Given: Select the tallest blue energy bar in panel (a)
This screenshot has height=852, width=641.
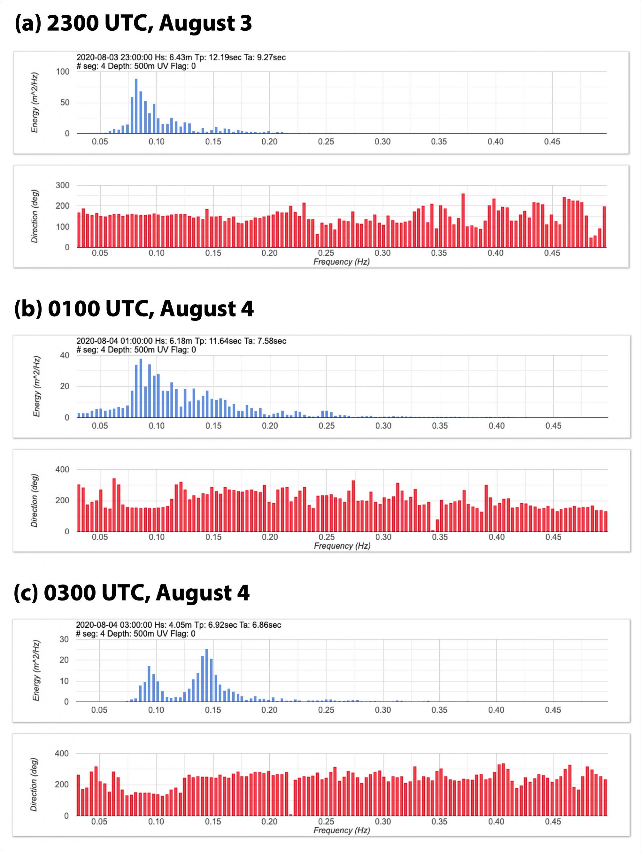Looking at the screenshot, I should [136, 106].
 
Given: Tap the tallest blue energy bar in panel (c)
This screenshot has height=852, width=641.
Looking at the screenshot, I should [207, 676].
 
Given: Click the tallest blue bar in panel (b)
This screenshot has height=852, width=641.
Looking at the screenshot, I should [141, 388].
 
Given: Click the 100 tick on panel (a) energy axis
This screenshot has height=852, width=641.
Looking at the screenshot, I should [62, 72].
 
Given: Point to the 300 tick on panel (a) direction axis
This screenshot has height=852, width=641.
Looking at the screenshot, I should [62, 185].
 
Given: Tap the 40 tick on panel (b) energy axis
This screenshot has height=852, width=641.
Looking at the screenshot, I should [64, 355].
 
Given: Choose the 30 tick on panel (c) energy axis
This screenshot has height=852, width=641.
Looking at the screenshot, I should [64, 639].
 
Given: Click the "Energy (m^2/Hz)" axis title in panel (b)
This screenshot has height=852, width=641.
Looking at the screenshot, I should [37, 386].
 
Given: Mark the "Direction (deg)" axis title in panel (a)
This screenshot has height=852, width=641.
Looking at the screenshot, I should [35, 216].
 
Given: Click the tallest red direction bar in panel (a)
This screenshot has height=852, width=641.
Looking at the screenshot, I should [463, 220].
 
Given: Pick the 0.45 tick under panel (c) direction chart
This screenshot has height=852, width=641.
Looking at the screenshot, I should [553, 822].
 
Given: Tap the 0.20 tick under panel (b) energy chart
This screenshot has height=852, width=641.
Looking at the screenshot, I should [270, 426].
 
